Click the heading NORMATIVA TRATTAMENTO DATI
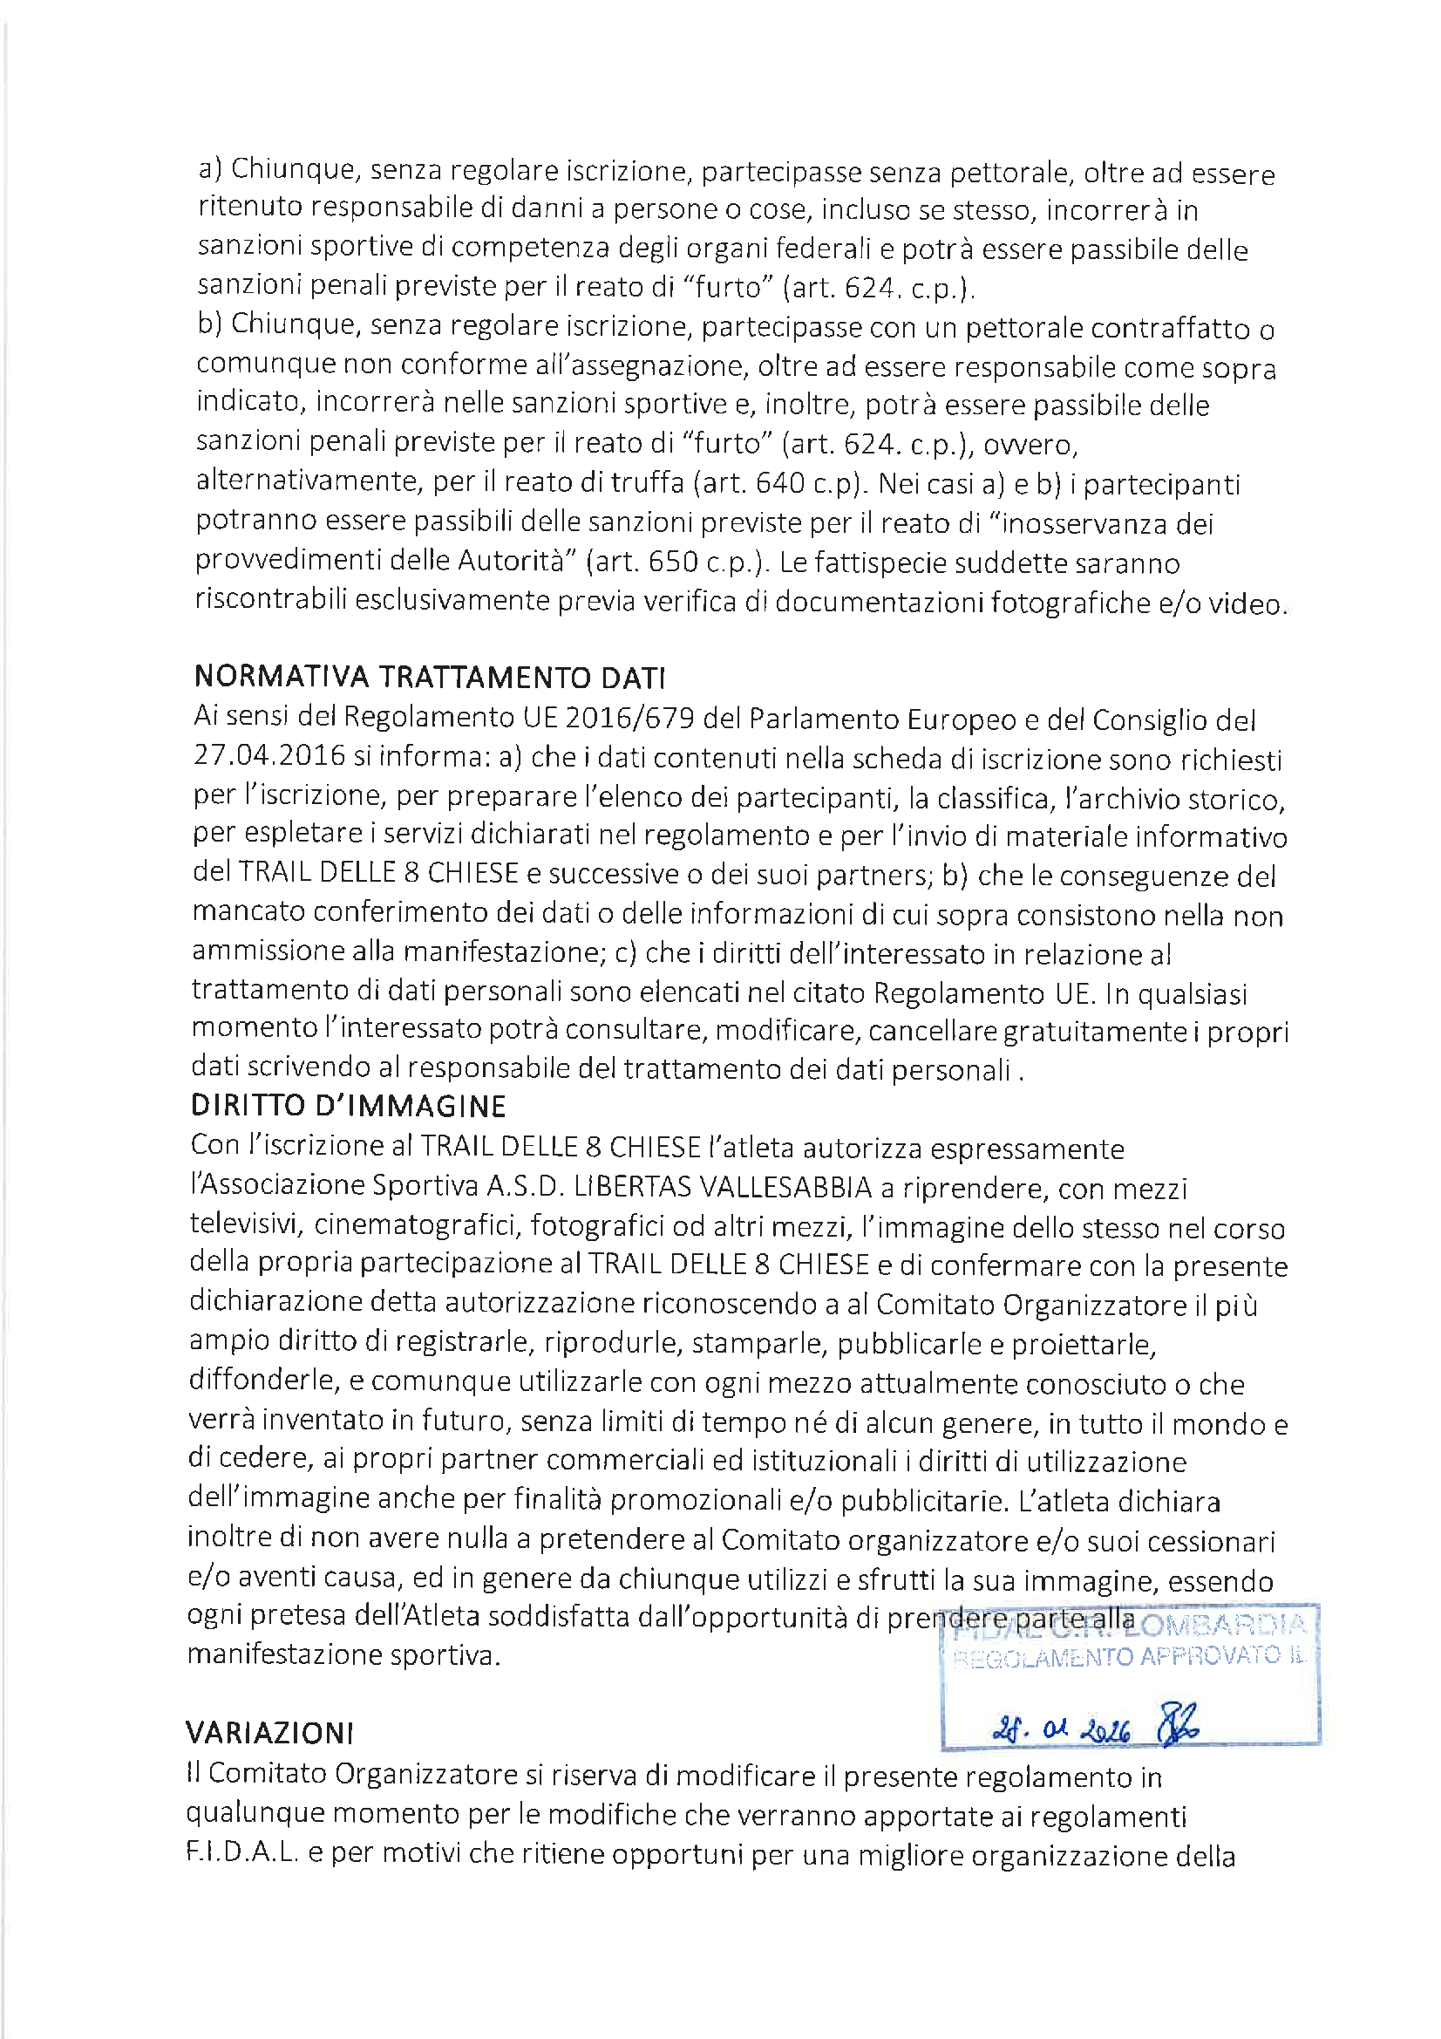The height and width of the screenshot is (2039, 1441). (x=430, y=678)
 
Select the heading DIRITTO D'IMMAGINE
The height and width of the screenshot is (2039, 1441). (x=348, y=1106)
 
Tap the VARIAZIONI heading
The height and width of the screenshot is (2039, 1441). (x=269, y=1732)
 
